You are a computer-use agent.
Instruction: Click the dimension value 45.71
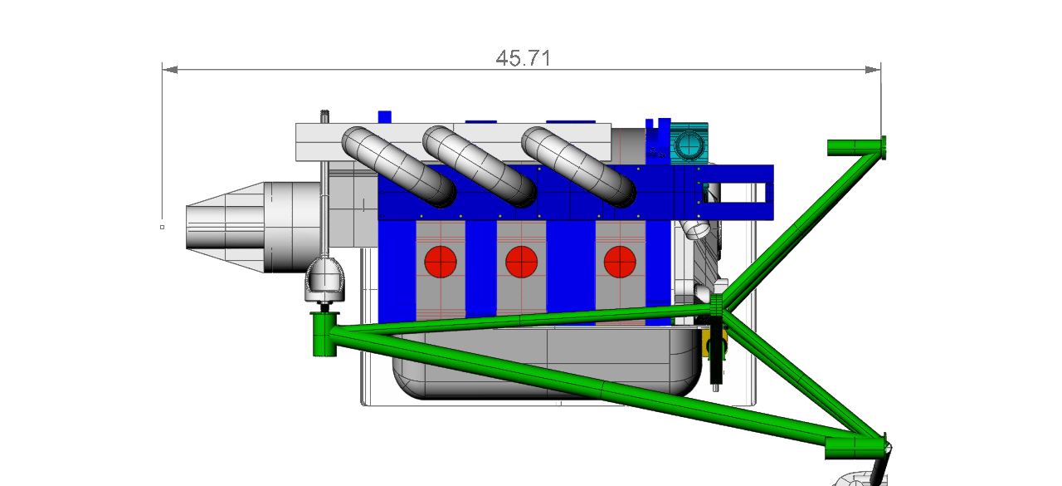pyautogui.click(x=524, y=58)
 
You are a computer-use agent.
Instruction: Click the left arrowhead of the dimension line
pyautogui.click(x=170, y=70)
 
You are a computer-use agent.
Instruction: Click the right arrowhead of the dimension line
pyautogui.click(x=873, y=70)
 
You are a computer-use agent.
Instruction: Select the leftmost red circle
pyautogui.click(x=441, y=262)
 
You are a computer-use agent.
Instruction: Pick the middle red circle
pyautogui.click(x=522, y=262)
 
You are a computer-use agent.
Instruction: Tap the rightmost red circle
pyautogui.click(x=620, y=262)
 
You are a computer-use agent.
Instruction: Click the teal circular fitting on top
pyautogui.click(x=689, y=145)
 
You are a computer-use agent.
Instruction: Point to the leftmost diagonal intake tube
pyautogui.click(x=398, y=166)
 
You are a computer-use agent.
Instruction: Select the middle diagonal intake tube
pyautogui.click(x=480, y=166)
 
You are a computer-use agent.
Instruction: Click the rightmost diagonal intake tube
pyautogui.click(x=578, y=166)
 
